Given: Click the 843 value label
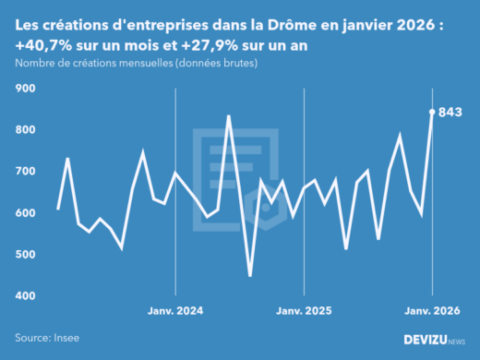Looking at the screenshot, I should [x=449, y=113].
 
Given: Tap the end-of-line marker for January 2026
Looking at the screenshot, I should [x=432, y=112].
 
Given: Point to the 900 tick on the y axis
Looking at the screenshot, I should [x=24, y=89].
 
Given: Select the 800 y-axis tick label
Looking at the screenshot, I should [x=24, y=130].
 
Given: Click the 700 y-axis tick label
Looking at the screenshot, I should [x=24, y=172].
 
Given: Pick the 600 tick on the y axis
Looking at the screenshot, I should [x=24, y=213].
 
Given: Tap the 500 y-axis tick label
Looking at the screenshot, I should [x=24, y=255].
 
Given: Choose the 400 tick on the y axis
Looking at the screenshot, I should [x=24, y=296].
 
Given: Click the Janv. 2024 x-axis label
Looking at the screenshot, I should [x=176, y=312].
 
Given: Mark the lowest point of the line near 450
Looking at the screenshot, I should [x=250, y=275].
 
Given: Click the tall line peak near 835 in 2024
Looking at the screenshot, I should [x=229, y=116].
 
